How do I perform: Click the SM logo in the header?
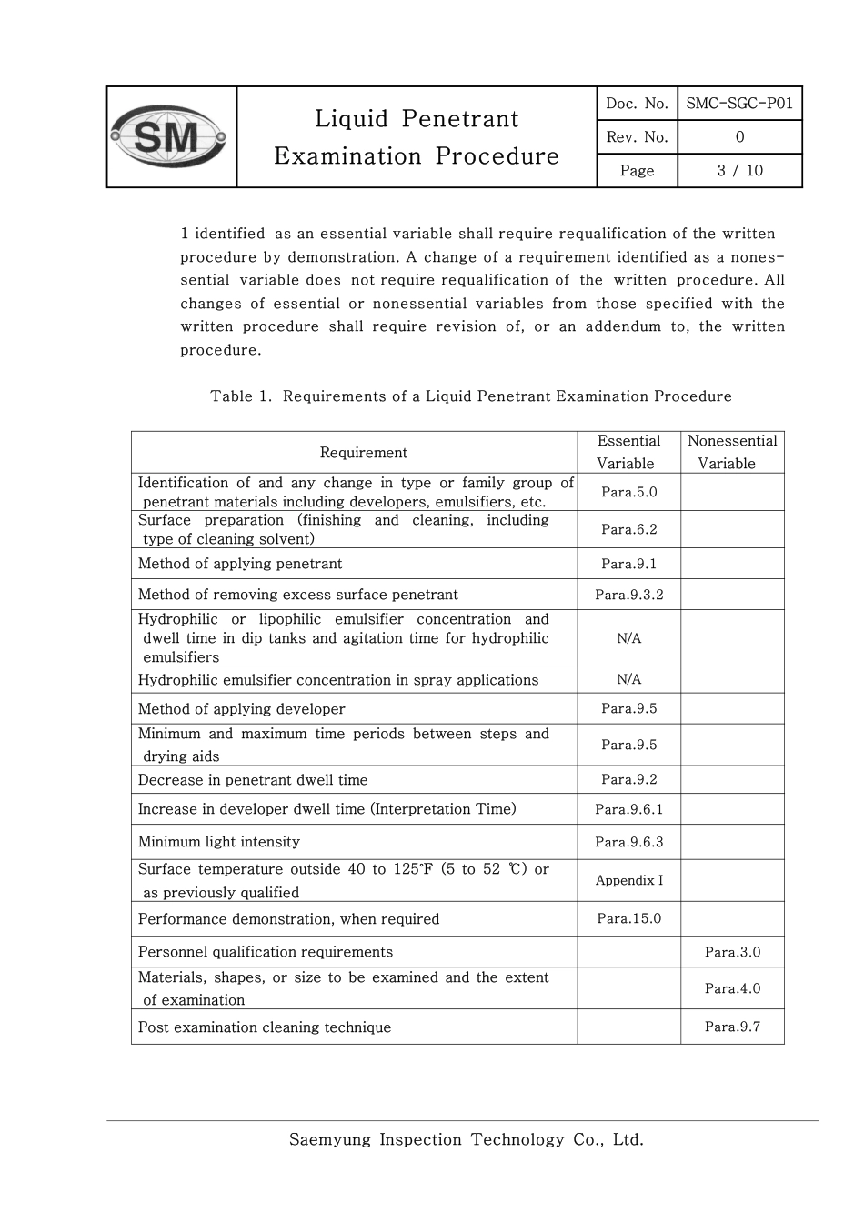click(x=170, y=137)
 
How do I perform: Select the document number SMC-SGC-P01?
click(x=739, y=104)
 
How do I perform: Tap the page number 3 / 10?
click(x=739, y=171)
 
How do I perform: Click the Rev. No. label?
click(x=637, y=137)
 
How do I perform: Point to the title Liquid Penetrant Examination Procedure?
click(x=417, y=137)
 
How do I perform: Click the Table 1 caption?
click(x=470, y=396)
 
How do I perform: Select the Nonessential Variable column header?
click(x=732, y=452)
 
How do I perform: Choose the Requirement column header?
click(x=363, y=453)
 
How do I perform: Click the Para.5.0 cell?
click(x=628, y=492)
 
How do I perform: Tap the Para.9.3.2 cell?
click(x=628, y=595)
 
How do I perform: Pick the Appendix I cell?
click(x=628, y=880)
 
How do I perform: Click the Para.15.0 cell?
click(x=628, y=918)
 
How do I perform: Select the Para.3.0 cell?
click(x=732, y=952)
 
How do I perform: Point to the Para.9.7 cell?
click(x=732, y=1027)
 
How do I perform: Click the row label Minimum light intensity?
click(x=218, y=842)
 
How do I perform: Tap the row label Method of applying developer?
click(x=241, y=709)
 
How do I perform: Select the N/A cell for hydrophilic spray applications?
click(x=628, y=679)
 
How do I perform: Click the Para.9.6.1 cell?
click(x=628, y=809)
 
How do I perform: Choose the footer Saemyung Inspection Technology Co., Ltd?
click(x=466, y=1139)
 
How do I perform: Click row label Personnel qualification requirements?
click(x=265, y=952)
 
